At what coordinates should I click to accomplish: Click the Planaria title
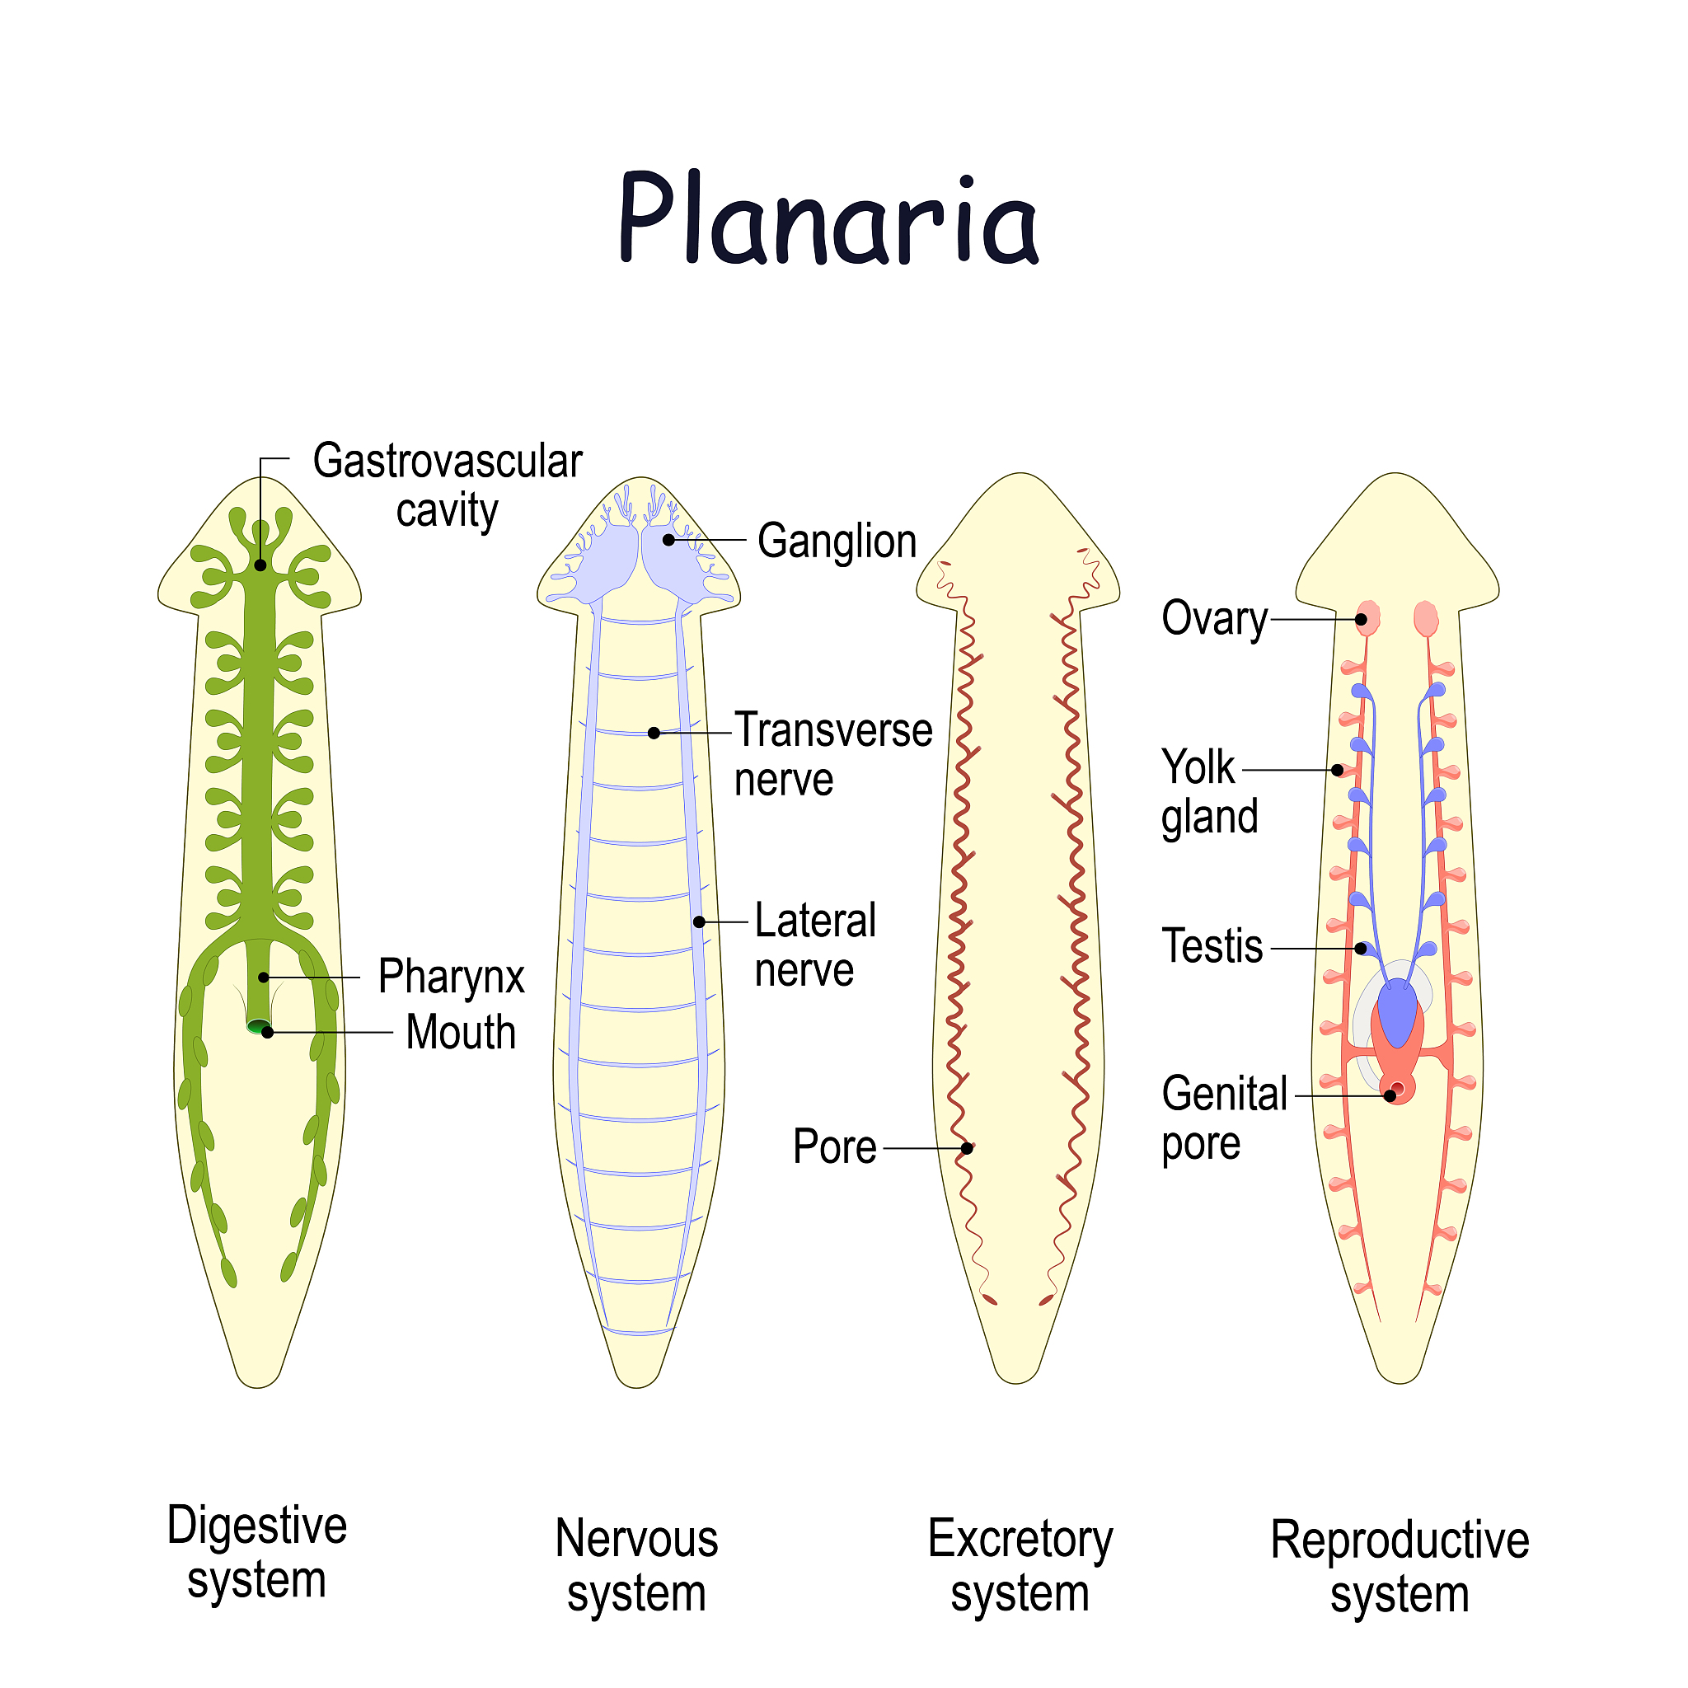tap(828, 218)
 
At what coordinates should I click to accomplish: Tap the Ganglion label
tap(836, 541)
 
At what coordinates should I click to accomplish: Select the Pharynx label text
tap(451, 976)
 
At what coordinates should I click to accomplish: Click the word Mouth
tap(461, 1032)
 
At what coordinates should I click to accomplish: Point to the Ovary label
tap(1213, 620)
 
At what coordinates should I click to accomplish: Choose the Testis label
tap(1212, 946)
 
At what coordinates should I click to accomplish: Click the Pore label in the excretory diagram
tap(834, 1146)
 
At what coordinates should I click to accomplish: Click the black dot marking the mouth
tap(268, 1032)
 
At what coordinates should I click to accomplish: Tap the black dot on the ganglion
tap(668, 540)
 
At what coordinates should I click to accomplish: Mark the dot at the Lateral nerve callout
tap(699, 921)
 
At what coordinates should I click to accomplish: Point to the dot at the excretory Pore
tap(966, 1148)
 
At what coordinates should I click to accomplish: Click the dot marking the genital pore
tap(1389, 1095)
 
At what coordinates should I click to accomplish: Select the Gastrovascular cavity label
tap(448, 485)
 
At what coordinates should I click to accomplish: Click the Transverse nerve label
tap(832, 754)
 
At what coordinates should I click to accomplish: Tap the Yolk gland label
tap(1209, 791)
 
